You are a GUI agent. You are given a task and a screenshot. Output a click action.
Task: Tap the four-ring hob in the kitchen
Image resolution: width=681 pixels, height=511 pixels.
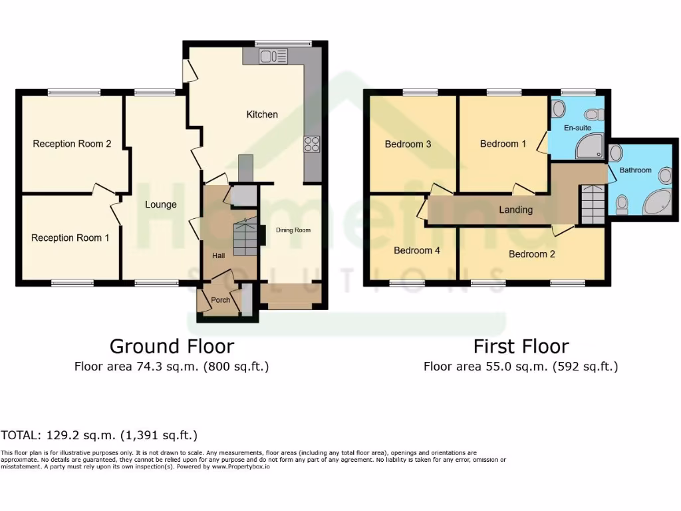[311, 144]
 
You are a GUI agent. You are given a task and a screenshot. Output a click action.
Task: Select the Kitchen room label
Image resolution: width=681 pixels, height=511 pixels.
[262, 114]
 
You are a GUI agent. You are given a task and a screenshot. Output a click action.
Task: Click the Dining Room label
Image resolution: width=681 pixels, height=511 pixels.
[293, 230]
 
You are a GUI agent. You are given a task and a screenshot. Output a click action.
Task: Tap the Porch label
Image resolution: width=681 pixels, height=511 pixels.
[220, 300]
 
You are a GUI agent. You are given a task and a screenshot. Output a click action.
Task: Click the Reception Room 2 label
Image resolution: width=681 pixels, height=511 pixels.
[72, 144]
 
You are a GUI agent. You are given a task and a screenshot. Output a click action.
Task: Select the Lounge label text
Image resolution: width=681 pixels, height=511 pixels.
[161, 204]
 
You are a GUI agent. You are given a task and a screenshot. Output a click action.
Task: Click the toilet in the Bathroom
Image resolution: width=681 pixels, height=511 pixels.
[622, 204]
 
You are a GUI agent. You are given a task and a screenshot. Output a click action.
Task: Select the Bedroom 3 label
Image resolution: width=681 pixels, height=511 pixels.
[408, 144]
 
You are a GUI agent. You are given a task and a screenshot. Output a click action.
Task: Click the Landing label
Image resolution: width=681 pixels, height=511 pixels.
[516, 210]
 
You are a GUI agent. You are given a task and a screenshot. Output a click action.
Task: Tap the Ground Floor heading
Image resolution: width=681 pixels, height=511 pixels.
[172, 346]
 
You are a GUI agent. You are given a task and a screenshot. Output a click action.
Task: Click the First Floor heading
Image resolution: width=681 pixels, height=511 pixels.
[521, 346]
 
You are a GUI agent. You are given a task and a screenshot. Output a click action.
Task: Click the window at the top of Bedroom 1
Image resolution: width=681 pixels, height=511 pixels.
[503, 92]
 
